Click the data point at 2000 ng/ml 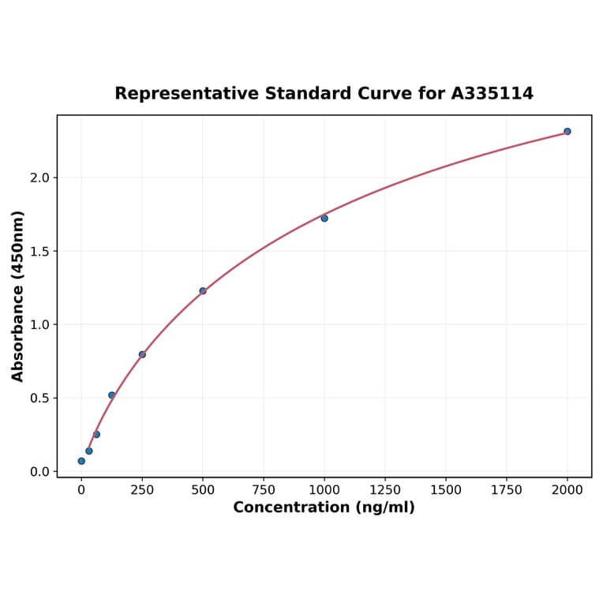pyautogui.click(x=567, y=131)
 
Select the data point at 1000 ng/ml pyautogui.click(x=324, y=218)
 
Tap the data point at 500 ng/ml pyautogui.click(x=203, y=291)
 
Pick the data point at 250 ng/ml pyautogui.click(x=142, y=354)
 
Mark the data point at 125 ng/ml pyautogui.click(x=111, y=395)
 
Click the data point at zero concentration pyautogui.click(x=81, y=461)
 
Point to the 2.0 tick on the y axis pyautogui.click(x=39, y=178)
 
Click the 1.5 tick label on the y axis pyautogui.click(x=39, y=251)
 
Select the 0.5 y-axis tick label pyautogui.click(x=39, y=398)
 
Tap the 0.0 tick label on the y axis pyautogui.click(x=39, y=471)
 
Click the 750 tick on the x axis pyautogui.click(x=264, y=490)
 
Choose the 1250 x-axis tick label pyautogui.click(x=385, y=490)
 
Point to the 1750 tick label pyautogui.click(x=507, y=490)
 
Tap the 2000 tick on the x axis pyautogui.click(x=567, y=490)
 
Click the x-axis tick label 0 pyautogui.click(x=81, y=490)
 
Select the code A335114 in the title pyautogui.click(x=493, y=93)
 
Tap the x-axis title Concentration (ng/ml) pyautogui.click(x=324, y=507)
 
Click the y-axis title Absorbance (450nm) pyautogui.click(x=18, y=296)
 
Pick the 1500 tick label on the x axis pyautogui.click(x=446, y=490)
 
